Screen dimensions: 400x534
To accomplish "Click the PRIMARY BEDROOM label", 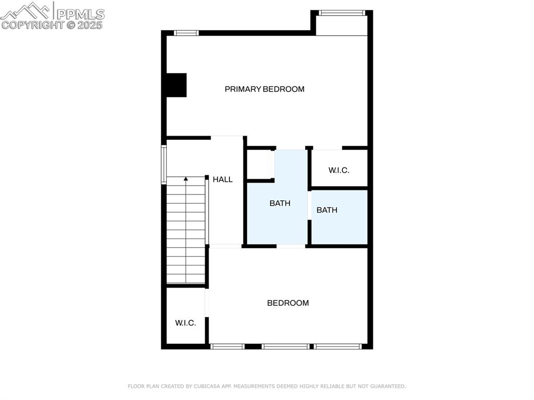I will (x=264, y=89).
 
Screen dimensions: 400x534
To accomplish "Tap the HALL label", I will (x=223, y=179).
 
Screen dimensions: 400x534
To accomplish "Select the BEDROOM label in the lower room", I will (x=288, y=303).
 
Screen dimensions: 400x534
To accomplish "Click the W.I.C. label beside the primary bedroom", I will (x=338, y=171).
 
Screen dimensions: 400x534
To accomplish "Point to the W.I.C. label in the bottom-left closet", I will (x=185, y=323).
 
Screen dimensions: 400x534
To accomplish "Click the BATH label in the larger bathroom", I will (x=280, y=203).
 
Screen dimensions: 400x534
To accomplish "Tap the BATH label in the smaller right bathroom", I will (x=327, y=210).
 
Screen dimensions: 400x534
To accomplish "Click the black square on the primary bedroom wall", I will (x=176, y=85).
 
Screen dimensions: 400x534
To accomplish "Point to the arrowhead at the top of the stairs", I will (x=186, y=179).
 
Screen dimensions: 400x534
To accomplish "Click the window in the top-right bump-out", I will (x=341, y=13).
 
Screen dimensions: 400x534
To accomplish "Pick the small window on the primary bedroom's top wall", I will (x=186, y=33).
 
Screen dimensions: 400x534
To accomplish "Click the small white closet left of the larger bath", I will (x=259, y=164).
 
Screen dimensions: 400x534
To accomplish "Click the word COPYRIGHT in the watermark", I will (x=32, y=25).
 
